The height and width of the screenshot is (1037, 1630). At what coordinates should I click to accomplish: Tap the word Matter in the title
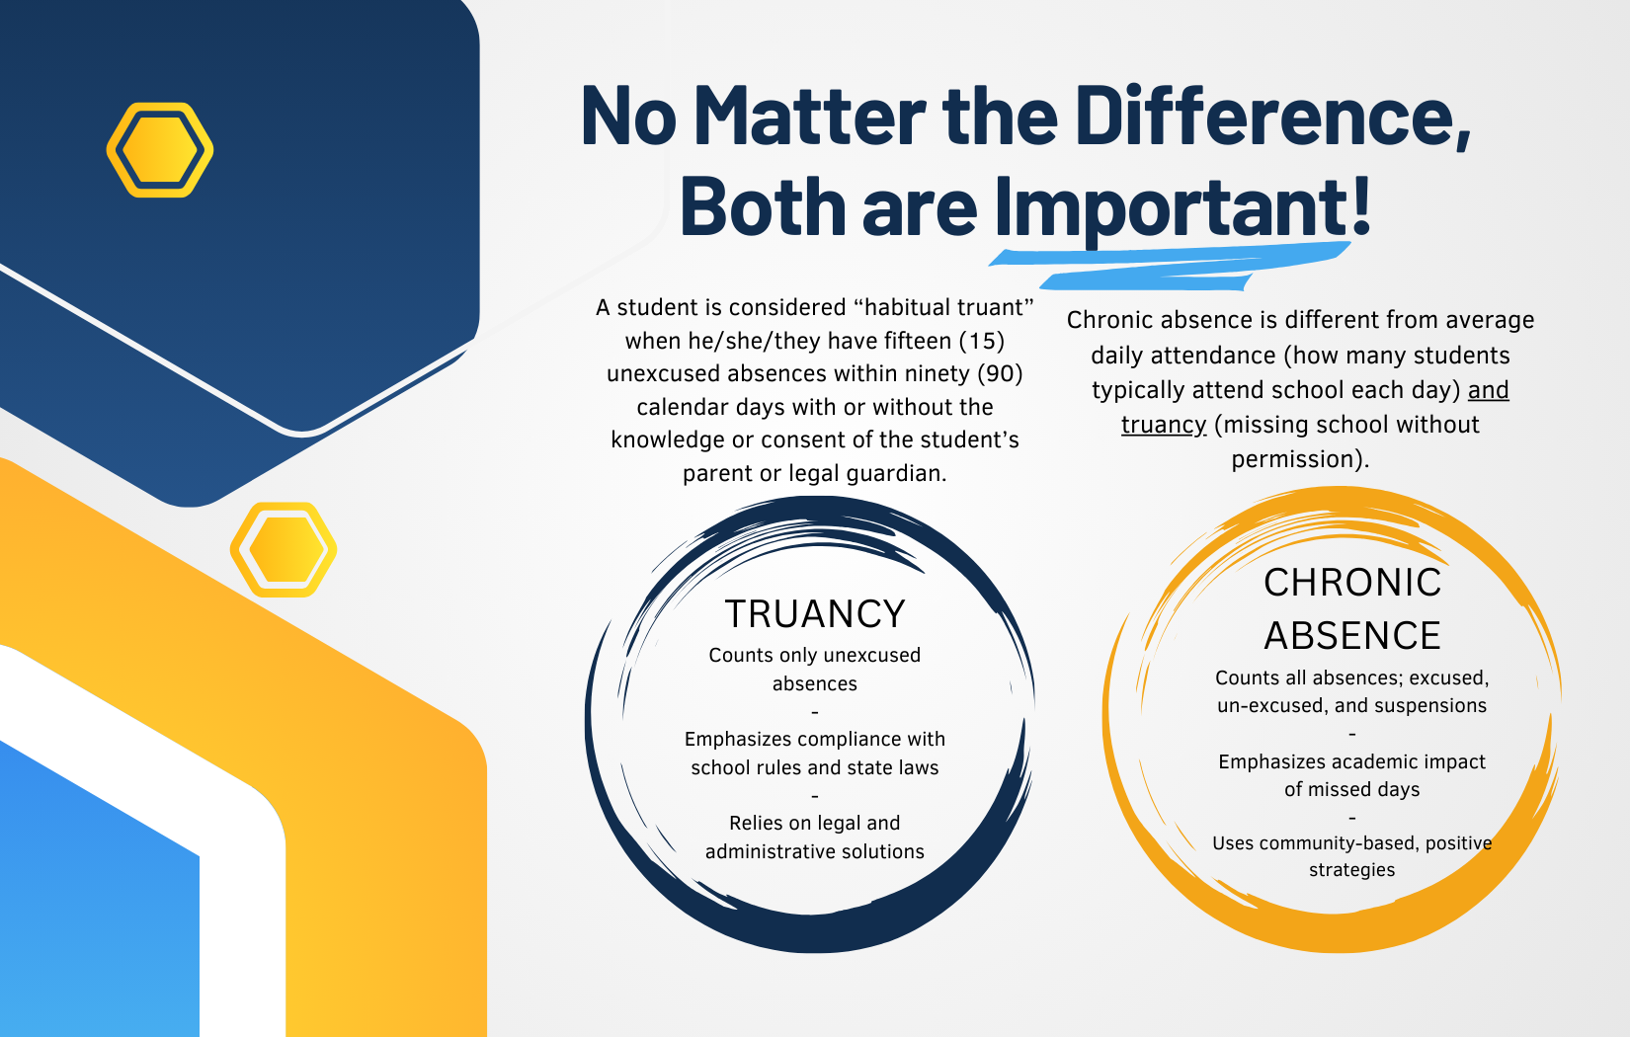pyautogui.click(x=808, y=116)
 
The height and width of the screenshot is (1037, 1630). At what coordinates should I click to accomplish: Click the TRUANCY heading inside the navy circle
pyautogui.click(x=815, y=613)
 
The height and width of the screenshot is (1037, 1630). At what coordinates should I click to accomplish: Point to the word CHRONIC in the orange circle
pyautogui.click(x=1352, y=582)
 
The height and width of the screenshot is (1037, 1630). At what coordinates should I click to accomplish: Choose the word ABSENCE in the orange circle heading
pyautogui.click(x=1352, y=635)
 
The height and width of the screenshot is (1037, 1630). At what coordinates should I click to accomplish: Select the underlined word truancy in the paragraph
pyautogui.click(x=1164, y=425)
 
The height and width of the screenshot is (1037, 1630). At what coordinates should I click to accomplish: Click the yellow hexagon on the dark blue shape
pyautogui.click(x=160, y=150)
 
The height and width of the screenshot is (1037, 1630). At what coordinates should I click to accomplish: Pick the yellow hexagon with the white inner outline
pyautogui.click(x=284, y=549)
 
